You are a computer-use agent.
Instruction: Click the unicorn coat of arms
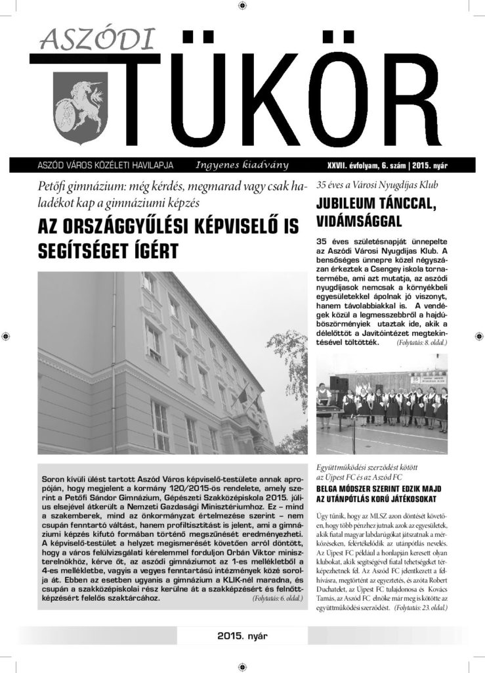pos(74,105)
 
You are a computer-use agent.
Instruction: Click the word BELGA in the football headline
pos(329,490)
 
